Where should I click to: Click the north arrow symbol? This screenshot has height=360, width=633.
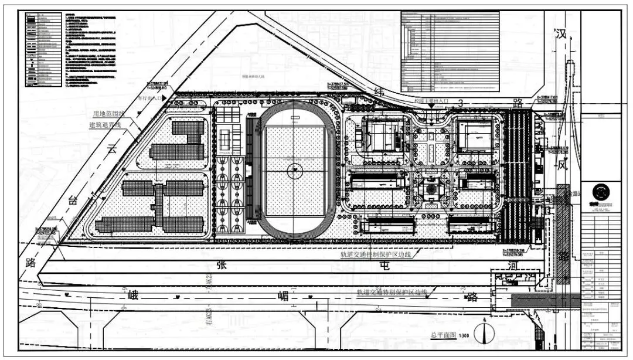click(x=485, y=332)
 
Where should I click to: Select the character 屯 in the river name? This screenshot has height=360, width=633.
click(x=384, y=265)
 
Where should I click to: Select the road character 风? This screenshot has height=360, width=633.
click(x=562, y=166)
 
